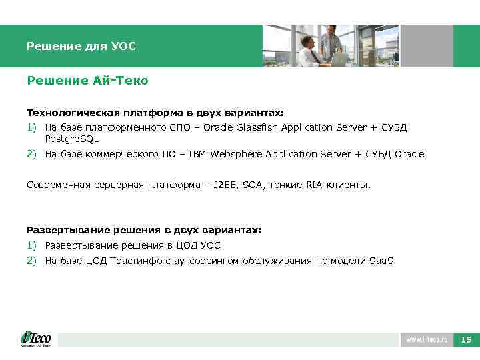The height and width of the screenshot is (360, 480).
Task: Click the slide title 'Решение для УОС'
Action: [x=81, y=47]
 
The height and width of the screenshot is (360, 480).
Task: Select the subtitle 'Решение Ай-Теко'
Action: [x=87, y=81]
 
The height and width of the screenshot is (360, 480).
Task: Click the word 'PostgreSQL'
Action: [x=71, y=139]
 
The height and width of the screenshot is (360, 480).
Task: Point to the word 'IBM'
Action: [x=198, y=154]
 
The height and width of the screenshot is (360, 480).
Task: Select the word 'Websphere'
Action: [x=236, y=154]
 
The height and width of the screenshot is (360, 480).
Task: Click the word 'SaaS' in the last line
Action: [x=381, y=261]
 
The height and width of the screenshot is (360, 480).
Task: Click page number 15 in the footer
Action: [x=466, y=340]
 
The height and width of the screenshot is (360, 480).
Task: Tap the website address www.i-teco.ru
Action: [x=427, y=340]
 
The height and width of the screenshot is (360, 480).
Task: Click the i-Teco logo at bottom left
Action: [x=36, y=338]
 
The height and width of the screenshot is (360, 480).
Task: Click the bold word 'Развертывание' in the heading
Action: [x=61, y=230]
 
